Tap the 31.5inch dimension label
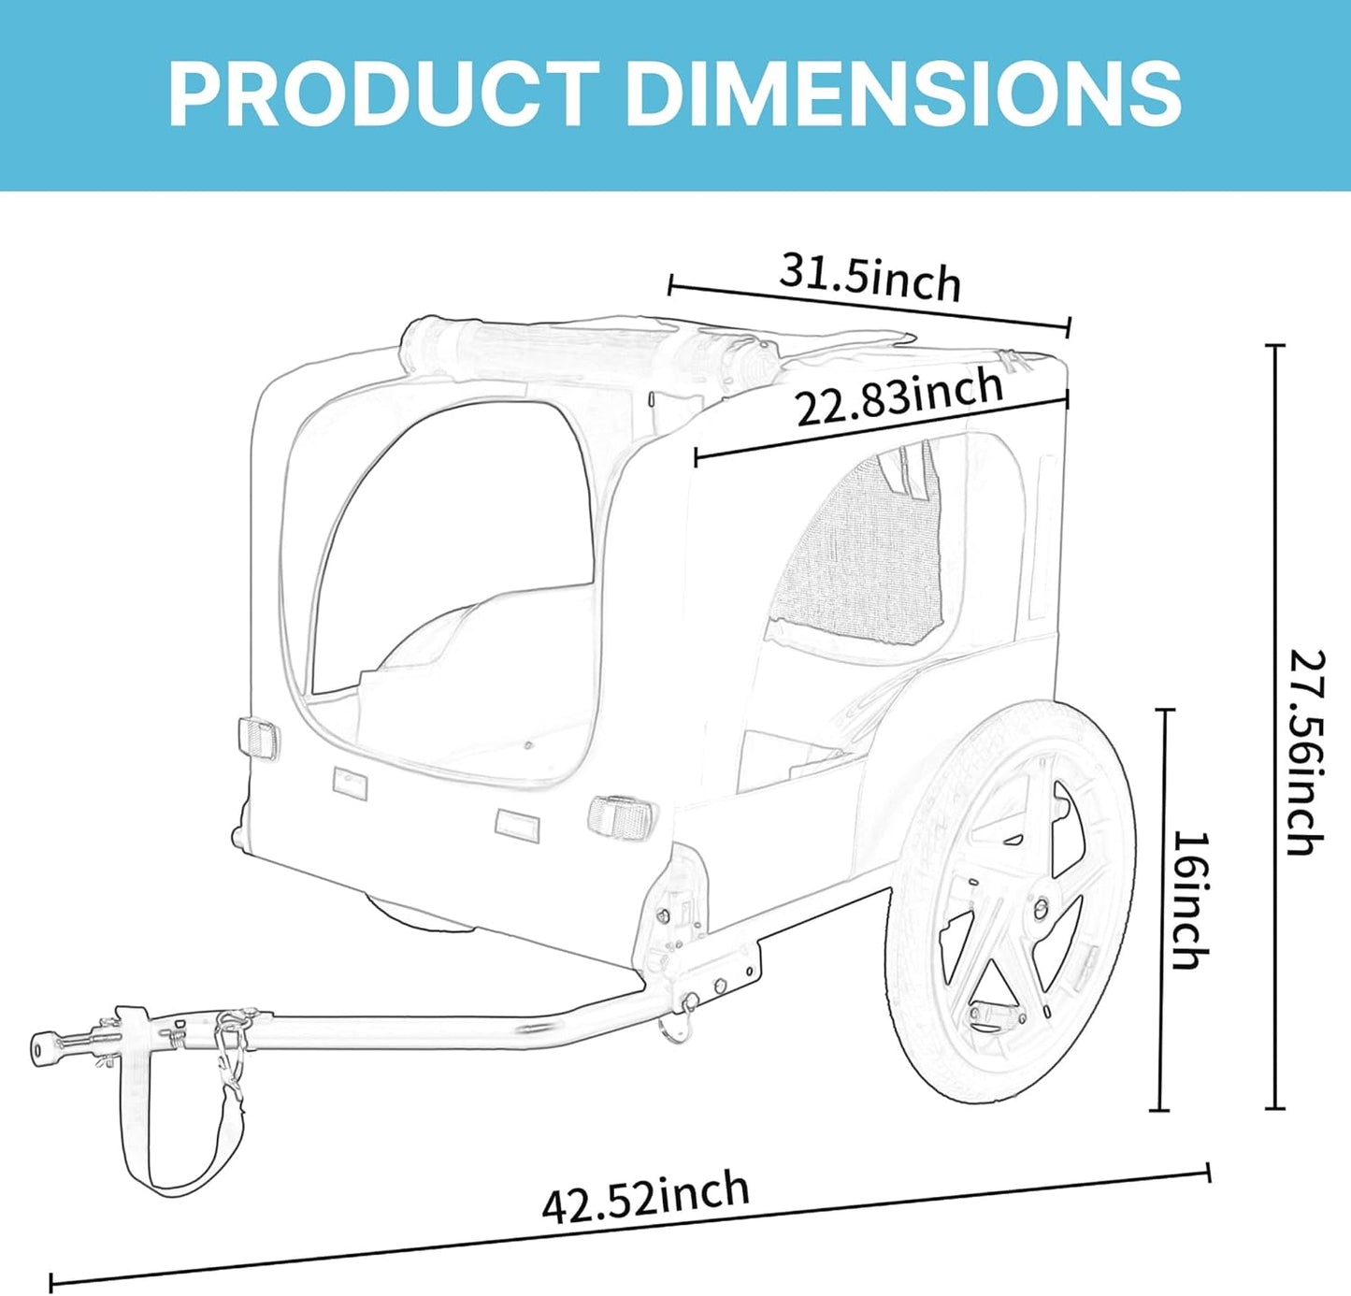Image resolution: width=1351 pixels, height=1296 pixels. point(870,276)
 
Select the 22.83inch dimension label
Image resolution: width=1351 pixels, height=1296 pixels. point(898,397)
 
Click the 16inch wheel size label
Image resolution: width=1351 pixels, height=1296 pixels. point(1191,899)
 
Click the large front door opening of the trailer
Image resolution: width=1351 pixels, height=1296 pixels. point(453,580)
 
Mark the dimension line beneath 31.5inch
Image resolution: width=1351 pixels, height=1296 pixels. point(870,306)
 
